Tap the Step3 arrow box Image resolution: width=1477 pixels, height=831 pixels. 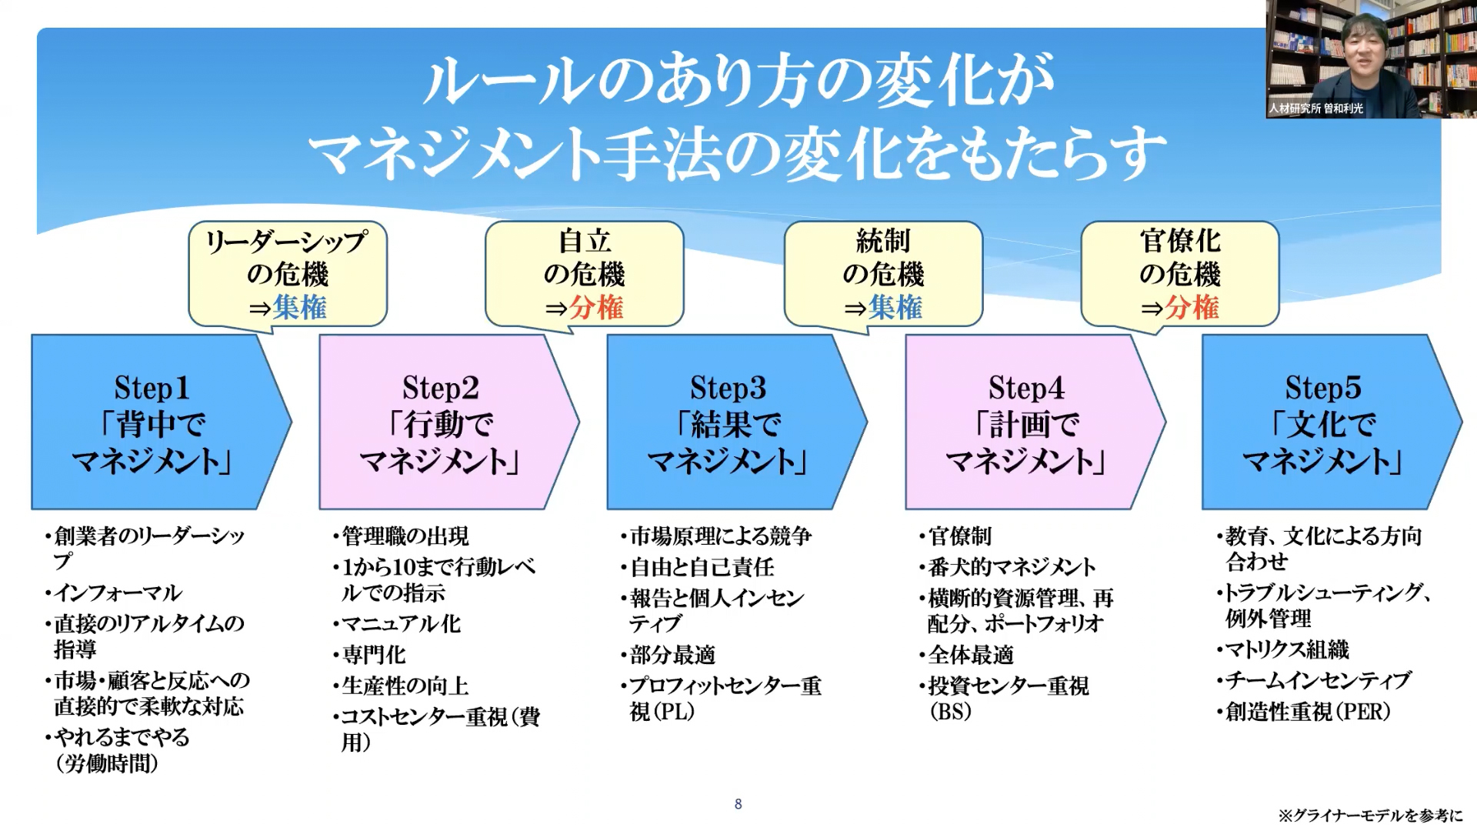pyautogui.click(x=728, y=422)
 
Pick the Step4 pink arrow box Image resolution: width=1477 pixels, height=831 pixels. pyautogui.click(x=1026, y=422)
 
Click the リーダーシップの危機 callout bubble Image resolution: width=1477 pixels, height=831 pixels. pyautogui.click(x=288, y=273)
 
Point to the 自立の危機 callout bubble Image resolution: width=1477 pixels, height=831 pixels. pyautogui.click(x=585, y=273)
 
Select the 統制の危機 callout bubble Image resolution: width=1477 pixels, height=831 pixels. pyautogui.click(x=883, y=273)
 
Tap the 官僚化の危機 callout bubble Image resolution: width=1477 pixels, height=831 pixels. pyautogui.click(x=1180, y=273)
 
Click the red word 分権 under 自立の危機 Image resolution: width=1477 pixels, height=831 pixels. pyautogui.click(x=596, y=308)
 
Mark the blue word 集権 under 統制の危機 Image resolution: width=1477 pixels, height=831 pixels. pyautogui.click(x=895, y=308)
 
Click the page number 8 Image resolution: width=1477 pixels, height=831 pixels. pyautogui.click(x=738, y=804)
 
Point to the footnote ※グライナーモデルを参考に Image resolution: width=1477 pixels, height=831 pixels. pyautogui.click(x=1370, y=816)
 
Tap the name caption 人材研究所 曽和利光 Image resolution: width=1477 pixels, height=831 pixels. pyautogui.click(x=1316, y=108)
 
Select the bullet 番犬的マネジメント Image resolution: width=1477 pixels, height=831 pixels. pyautogui.click(x=1012, y=568)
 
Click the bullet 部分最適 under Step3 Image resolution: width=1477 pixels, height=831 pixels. pyautogui.click(x=672, y=655)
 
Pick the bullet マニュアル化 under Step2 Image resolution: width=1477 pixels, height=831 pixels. pyautogui.click(x=401, y=624)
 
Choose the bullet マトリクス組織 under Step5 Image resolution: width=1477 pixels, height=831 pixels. pyautogui.click(x=1287, y=650)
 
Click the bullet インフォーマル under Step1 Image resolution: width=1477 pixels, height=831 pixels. pyautogui.click(x=118, y=593)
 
